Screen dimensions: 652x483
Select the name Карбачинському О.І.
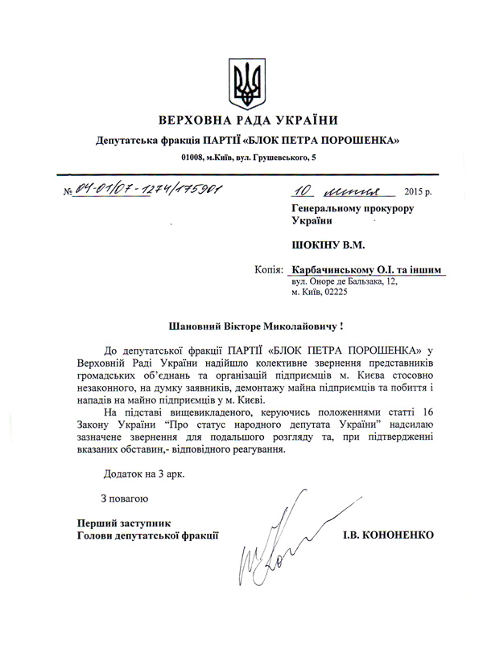coord(342,272)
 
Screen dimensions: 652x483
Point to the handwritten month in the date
coord(358,192)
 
